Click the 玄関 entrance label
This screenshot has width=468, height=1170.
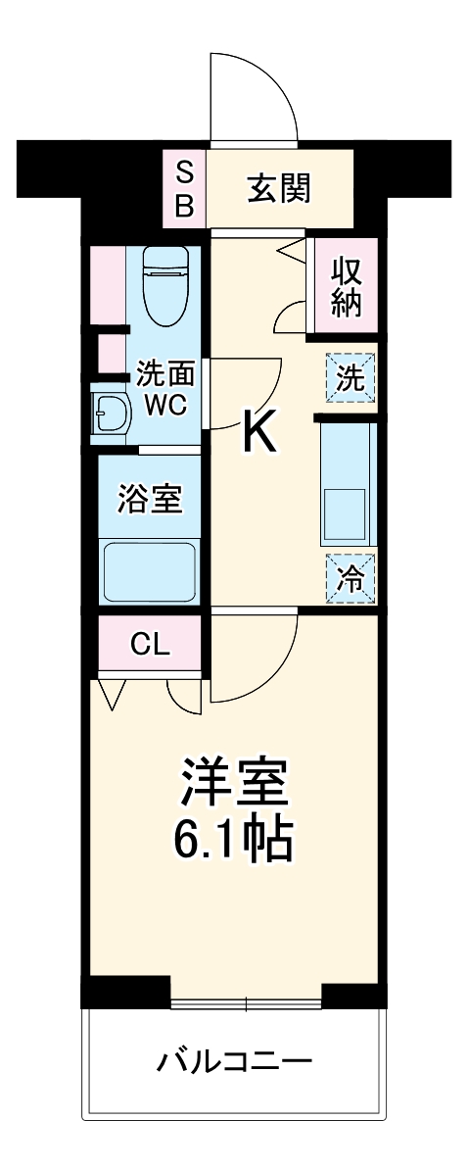pos(278,188)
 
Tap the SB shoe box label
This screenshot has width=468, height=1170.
pos(185,188)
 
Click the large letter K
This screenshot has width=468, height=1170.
pos(259,431)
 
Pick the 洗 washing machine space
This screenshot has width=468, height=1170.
pos(351,377)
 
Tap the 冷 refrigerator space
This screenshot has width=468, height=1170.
pos(351,579)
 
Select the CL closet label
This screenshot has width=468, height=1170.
pos(150,644)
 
